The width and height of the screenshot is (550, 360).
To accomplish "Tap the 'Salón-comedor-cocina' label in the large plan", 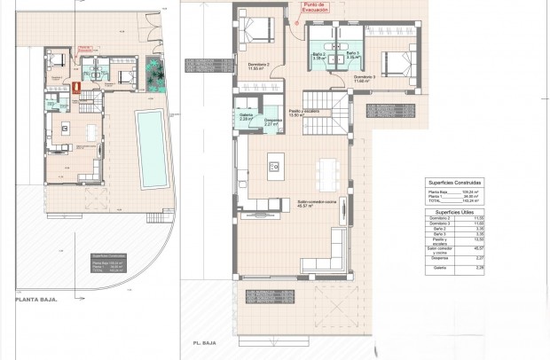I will [313, 203].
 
